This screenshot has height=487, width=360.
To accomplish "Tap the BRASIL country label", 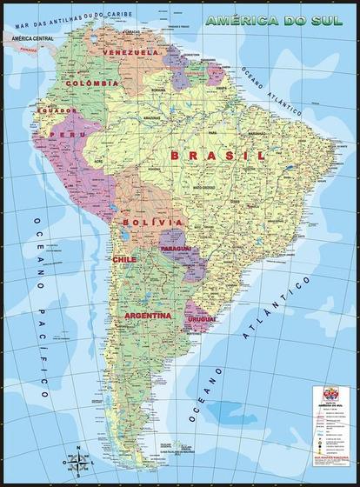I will click(217, 155).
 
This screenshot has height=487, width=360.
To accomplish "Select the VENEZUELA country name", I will click(130, 53).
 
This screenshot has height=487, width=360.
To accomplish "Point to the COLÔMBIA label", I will click(90, 83).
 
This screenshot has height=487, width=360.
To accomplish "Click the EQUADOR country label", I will click(50, 110).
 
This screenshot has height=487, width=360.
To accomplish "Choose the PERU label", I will click(62, 136).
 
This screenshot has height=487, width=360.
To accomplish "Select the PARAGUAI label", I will click(176, 249).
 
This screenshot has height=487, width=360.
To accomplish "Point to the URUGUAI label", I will click(200, 320).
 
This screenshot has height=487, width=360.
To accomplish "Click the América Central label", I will click(33, 39).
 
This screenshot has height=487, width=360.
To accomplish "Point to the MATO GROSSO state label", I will click(205, 187).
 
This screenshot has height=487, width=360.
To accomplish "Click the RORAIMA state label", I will click(159, 87).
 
